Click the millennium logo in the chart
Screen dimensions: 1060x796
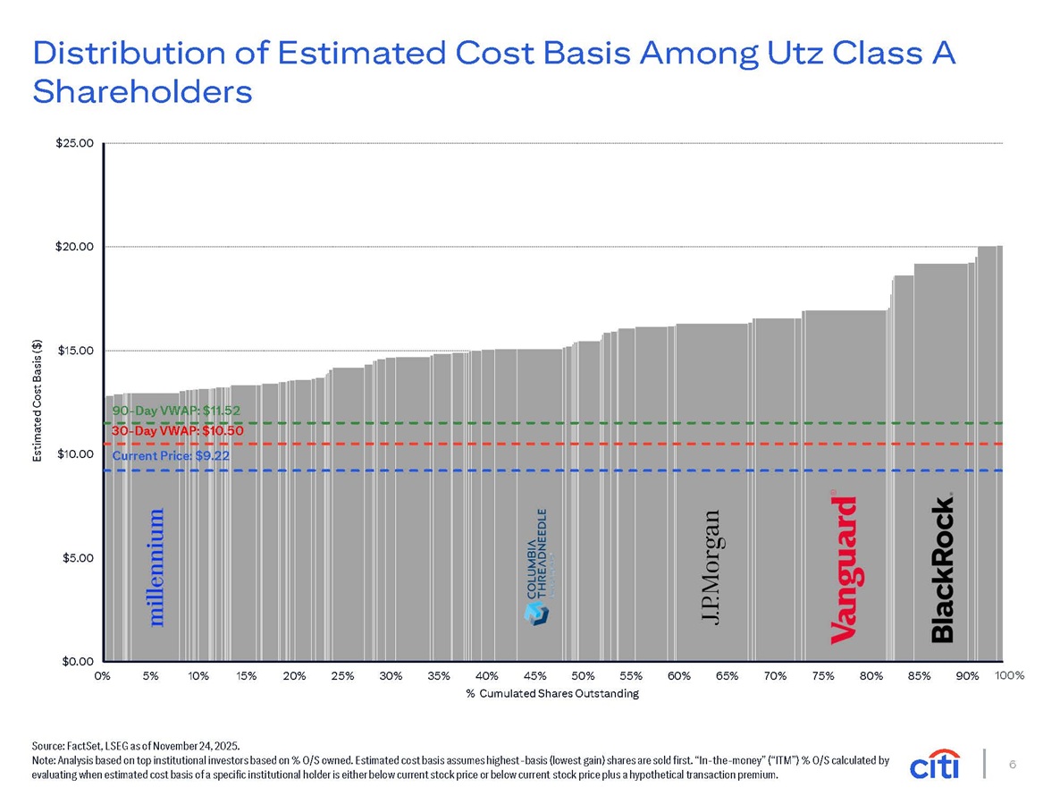[x=156, y=567]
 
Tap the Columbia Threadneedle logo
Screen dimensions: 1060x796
[x=537, y=567]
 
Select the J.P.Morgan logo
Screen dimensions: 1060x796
[x=710, y=567]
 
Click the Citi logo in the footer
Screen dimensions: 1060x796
[x=935, y=764]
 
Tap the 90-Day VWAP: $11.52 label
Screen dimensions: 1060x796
[x=176, y=411]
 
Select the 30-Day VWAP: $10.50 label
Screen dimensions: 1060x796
[x=178, y=431]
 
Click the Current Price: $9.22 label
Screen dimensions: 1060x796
[x=171, y=456]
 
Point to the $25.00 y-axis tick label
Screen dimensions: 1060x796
[x=74, y=143]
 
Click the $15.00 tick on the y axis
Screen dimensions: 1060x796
[x=74, y=351]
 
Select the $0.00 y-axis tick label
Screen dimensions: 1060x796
[x=78, y=662]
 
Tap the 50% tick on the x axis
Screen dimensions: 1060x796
[x=583, y=675]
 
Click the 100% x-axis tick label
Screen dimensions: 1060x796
[x=1010, y=675]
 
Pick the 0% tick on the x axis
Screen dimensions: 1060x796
[x=103, y=675]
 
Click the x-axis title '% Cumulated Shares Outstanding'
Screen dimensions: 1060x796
[x=552, y=693]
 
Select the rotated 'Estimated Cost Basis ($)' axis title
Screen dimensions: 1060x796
[x=38, y=401]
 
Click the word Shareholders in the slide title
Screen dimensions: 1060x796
[x=143, y=92]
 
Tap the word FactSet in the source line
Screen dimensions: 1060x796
[x=82, y=747]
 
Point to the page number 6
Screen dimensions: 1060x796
[x=1013, y=764]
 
